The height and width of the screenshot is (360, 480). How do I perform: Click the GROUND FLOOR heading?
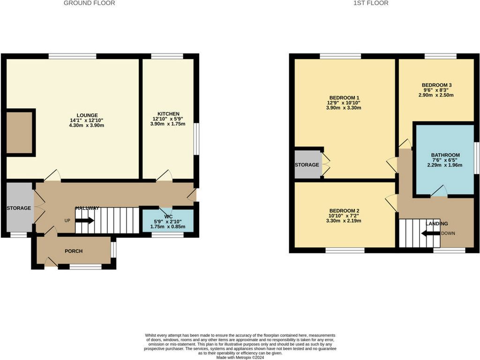[89, 3]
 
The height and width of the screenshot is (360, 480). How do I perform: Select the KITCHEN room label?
[168, 114]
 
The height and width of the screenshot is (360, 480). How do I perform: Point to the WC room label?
[168, 217]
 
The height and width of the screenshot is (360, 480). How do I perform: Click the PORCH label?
[74, 251]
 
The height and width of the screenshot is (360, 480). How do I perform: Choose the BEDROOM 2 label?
[345, 210]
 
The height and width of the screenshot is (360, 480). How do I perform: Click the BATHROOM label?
[445, 155]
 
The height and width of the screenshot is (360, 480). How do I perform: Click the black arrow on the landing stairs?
[430, 233]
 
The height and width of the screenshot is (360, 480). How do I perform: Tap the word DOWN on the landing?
[448, 233]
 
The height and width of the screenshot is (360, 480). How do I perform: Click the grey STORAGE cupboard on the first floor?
[307, 165]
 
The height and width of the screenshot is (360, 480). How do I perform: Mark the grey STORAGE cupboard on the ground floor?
[19, 208]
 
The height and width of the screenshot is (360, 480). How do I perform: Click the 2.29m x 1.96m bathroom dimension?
[445, 165]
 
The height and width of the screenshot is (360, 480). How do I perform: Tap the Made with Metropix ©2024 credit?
[240, 357]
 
